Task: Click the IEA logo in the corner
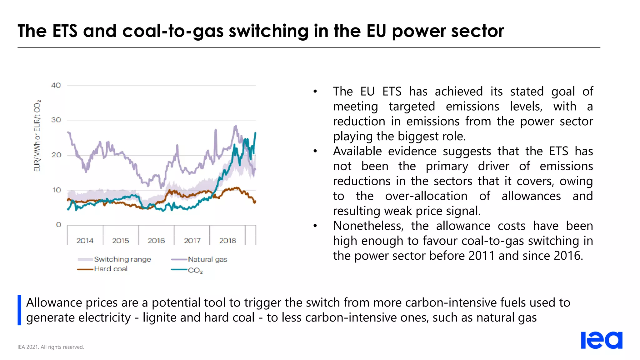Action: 601,340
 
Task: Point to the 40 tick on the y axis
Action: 56,85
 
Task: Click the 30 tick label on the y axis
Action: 56,120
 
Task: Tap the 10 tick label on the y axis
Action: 57,190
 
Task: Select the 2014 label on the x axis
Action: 85,241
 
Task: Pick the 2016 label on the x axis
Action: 156,241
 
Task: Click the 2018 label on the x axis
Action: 227,241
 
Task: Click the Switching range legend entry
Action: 122,259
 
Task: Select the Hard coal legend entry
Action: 110,269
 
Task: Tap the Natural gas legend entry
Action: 207,259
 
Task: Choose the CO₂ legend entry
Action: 195,270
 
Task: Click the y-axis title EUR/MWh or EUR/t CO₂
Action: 37,136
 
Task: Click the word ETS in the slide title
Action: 65,31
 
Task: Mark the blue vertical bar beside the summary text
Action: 19,310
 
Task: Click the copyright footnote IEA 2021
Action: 51,347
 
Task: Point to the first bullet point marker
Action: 315,92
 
